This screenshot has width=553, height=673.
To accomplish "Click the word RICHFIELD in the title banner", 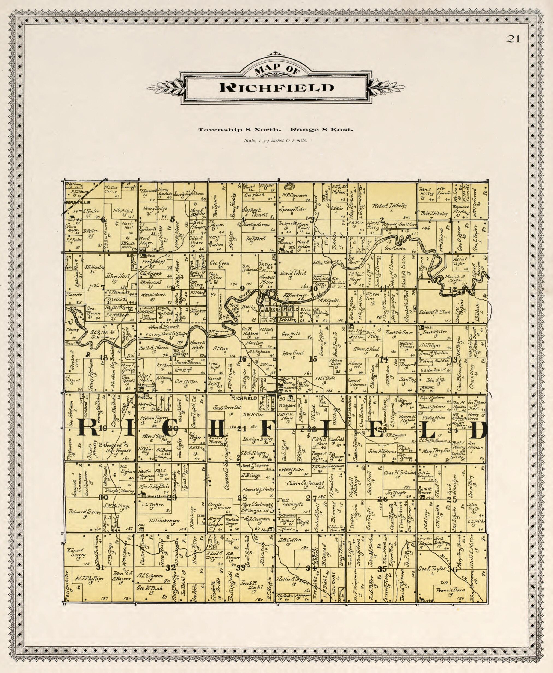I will [x=276, y=88].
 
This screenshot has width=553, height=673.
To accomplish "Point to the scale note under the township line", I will [x=275, y=140].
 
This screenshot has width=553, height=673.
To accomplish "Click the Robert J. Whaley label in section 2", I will [x=390, y=206].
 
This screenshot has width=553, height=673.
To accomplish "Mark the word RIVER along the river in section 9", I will [x=245, y=296].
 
